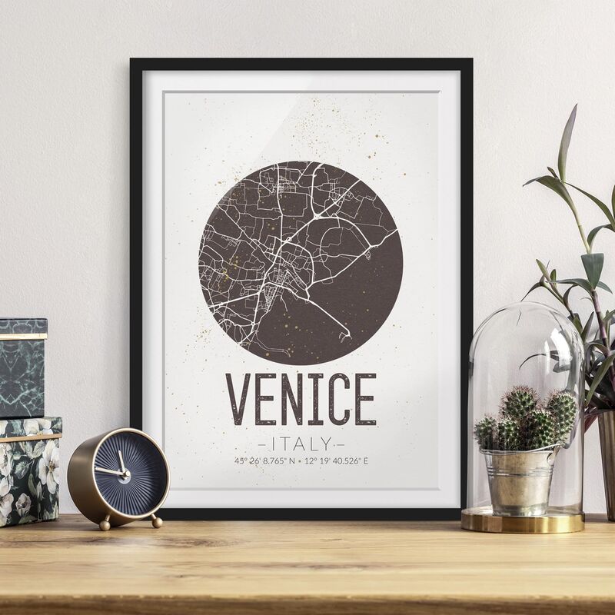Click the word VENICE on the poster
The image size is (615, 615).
301,399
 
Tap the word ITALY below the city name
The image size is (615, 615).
301,444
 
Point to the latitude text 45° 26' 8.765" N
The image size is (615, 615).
264,461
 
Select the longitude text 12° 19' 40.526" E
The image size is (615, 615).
338,461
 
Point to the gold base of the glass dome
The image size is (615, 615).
522,522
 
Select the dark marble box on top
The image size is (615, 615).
22,368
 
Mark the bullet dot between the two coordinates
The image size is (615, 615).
301,461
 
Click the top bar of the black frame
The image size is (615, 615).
301,64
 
